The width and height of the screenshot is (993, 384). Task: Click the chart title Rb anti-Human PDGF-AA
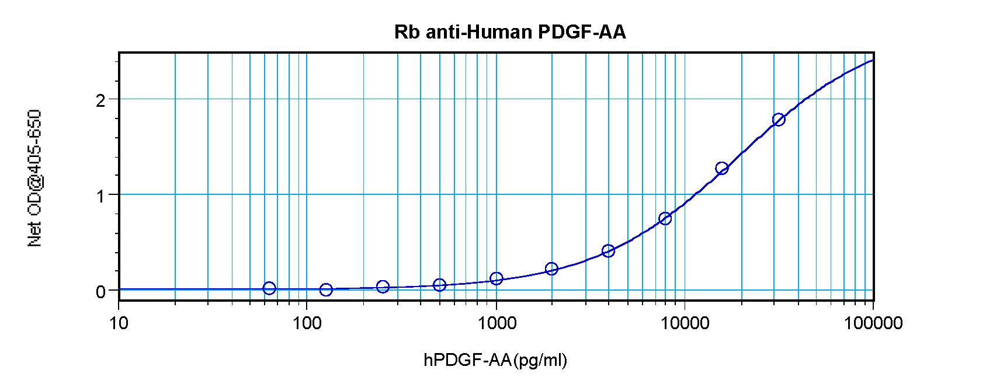tap(510, 32)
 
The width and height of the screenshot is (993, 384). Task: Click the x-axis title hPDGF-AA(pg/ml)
tap(495, 360)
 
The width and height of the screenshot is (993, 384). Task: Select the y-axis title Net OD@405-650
tap(34, 178)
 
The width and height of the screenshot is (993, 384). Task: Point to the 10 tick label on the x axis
tap(119, 323)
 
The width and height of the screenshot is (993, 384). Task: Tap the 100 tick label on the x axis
tap(307, 323)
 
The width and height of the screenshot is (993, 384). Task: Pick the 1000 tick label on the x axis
tap(496, 323)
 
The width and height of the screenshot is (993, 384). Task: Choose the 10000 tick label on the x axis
tap(685, 323)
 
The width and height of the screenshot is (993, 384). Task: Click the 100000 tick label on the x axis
tap(873, 323)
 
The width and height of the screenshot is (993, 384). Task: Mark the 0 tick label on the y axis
tap(101, 291)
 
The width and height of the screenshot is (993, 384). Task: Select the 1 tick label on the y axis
tap(101, 196)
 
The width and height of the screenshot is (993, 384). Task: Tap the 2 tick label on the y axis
tap(101, 100)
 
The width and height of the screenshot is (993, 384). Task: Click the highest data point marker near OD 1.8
tap(779, 120)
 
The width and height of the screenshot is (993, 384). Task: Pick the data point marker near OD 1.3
tap(722, 168)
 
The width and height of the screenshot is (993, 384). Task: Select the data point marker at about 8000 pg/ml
tap(665, 218)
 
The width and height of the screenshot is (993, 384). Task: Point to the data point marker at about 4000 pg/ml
tap(608, 251)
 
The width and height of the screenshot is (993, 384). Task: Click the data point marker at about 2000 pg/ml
tap(551, 268)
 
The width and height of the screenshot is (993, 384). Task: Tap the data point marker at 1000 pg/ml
tap(496, 278)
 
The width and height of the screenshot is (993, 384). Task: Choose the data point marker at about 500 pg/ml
tap(440, 285)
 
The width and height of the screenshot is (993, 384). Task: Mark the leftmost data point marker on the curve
tap(269, 288)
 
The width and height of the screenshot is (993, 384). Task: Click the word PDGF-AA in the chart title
tap(582, 32)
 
